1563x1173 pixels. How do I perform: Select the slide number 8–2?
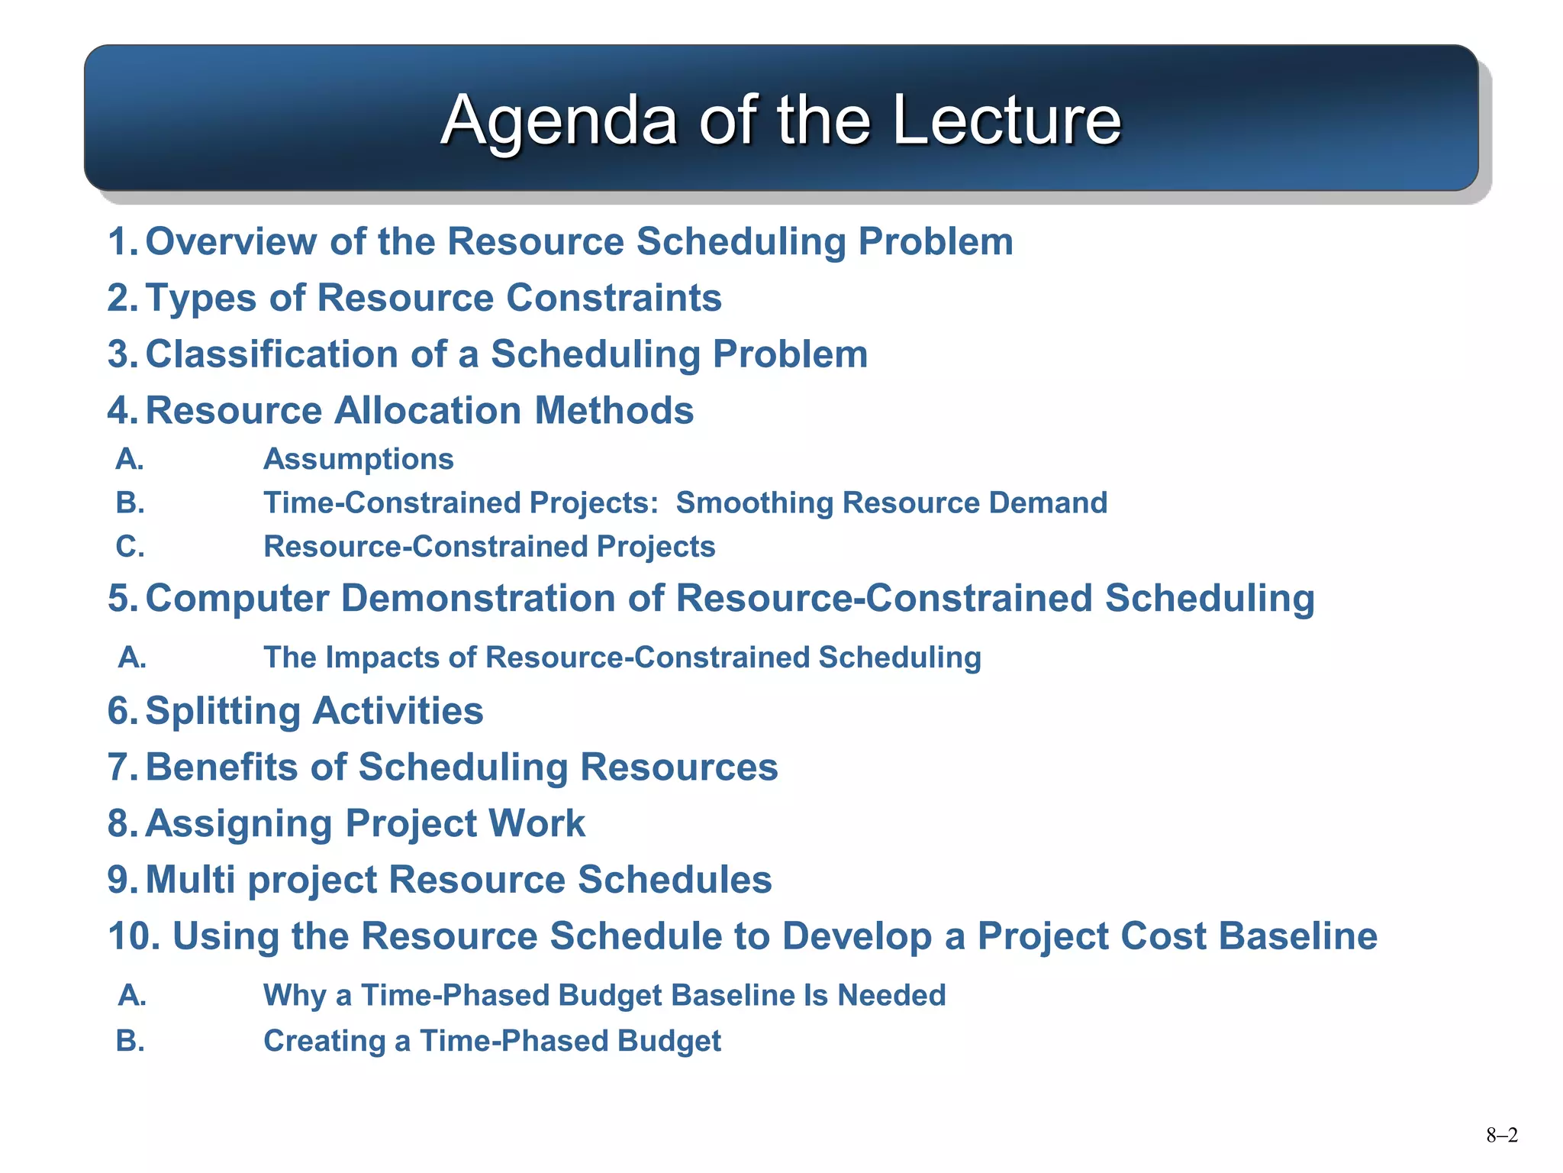click(x=1501, y=1136)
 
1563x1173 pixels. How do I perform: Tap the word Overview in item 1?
click(x=231, y=241)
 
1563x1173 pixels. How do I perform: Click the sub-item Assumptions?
click(x=358, y=459)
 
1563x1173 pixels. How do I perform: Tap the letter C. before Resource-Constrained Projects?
click(x=130, y=547)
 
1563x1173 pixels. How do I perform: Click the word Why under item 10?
click(x=295, y=996)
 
